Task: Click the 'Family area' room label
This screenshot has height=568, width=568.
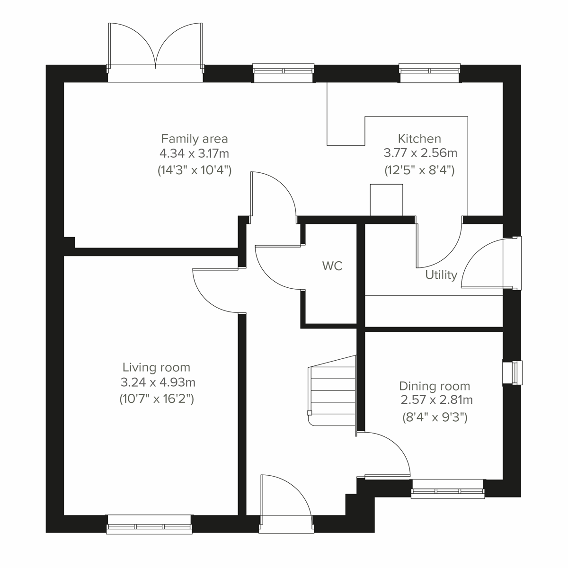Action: click(195, 139)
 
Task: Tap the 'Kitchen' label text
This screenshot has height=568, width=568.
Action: click(419, 139)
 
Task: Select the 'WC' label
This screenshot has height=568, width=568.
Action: click(332, 266)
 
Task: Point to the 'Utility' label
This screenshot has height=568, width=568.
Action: click(441, 275)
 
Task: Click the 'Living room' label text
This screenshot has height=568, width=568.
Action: click(156, 367)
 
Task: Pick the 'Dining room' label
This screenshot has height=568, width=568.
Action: click(435, 386)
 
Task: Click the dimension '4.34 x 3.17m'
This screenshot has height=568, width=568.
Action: click(195, 154)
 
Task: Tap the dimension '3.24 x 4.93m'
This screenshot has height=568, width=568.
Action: click(158, 382)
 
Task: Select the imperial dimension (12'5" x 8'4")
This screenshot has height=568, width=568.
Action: click(419, 170)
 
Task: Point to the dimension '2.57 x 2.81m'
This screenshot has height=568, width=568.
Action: click(436, 400)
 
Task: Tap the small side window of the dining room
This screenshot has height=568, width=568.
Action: click(513, 373)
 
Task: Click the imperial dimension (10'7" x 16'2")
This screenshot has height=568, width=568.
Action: click(157, 399)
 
